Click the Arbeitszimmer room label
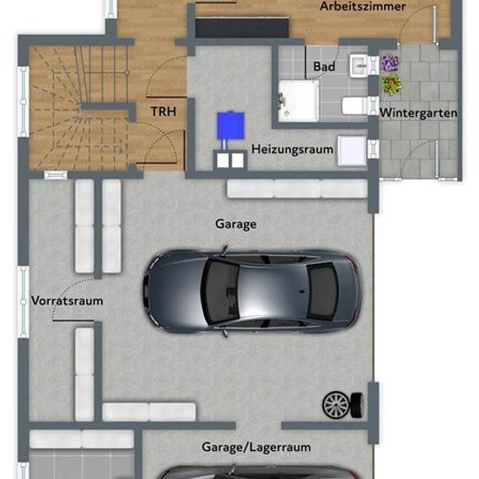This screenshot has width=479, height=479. (362, 6)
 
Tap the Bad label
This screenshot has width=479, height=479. (324, 66)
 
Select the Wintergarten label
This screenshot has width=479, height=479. (418, 113)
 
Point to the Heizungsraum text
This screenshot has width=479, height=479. (292, 150)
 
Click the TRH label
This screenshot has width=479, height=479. (164, 111)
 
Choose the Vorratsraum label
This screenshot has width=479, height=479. (67, 301)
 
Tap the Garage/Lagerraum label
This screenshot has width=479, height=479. (256, 448)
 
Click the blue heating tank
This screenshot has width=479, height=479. (231, 125)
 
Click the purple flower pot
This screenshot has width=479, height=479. (389, 64)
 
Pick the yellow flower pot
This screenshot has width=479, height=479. (391, 84)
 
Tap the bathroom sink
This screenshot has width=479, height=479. (359, 65)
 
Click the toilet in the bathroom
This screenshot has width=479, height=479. (355, 106)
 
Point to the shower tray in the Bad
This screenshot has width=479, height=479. (299, 100)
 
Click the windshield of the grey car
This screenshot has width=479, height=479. (219, 291)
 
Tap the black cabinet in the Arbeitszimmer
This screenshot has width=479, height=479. (242, 28)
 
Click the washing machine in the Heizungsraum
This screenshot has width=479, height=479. (352, 152)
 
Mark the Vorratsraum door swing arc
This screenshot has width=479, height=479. (70, 293)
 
